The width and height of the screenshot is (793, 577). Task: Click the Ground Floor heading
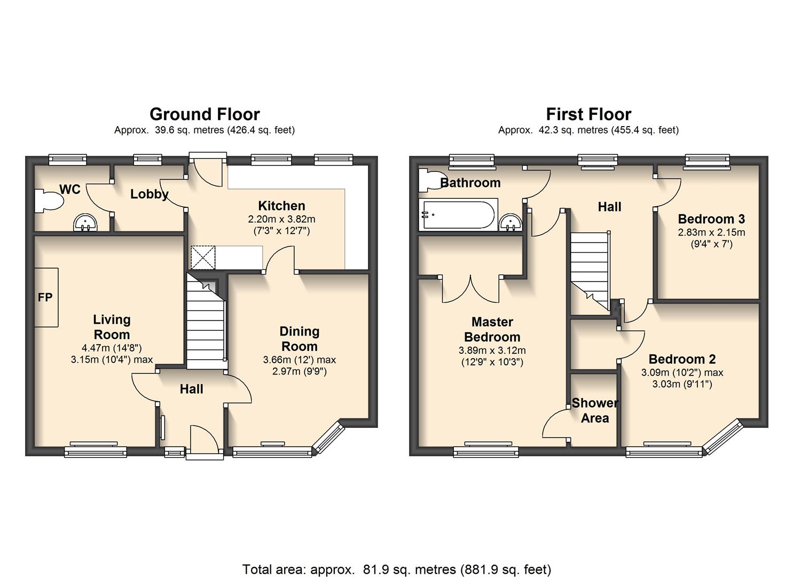coord(205,114)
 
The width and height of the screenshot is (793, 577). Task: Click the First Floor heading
coord(588,114)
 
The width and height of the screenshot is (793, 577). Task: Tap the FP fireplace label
coord(45,297)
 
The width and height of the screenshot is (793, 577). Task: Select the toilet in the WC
coord(49,201)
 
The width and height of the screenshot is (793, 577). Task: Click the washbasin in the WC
coord(85,223)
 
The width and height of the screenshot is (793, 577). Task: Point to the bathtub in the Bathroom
coord(459,215)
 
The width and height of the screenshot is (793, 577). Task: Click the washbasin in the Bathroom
coord(511,222)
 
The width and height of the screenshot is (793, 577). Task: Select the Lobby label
coord(150,194)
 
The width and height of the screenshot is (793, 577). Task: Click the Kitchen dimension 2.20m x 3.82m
coord(281,219)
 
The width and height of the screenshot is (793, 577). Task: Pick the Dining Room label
coord(300,339)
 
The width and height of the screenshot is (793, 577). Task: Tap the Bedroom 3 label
coord(711,219)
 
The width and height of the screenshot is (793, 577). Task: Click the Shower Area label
coord(595,410)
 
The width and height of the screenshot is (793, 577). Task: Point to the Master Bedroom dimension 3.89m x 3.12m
coord(492,350)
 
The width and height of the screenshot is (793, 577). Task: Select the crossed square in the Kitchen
coord(203,258)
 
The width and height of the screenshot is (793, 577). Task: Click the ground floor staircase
coord(206,321)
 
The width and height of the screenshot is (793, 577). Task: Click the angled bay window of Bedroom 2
coord(723,436)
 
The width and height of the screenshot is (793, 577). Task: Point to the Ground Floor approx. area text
coord(205,130)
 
